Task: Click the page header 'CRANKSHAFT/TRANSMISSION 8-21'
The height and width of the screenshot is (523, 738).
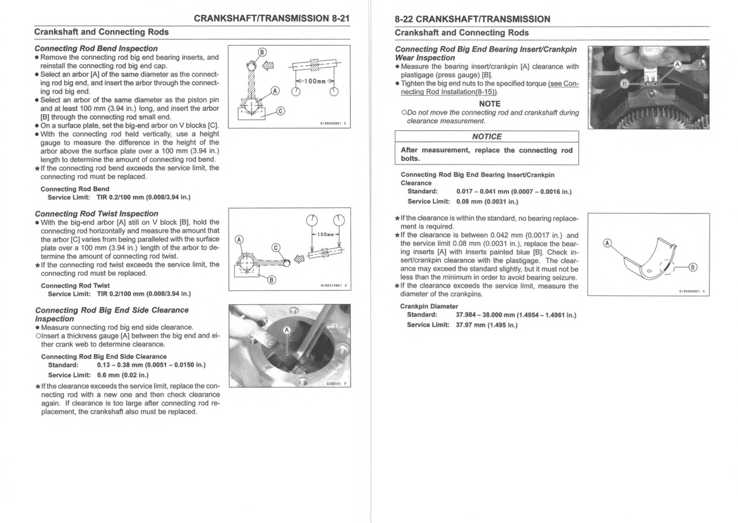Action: point(272,18)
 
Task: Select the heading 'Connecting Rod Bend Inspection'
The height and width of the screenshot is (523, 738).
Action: point(96,48)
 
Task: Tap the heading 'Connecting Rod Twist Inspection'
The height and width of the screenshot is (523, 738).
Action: point(96,213)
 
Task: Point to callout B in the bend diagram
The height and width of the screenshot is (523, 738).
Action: point(261,52)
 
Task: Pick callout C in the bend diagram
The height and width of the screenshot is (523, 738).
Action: point(280,111)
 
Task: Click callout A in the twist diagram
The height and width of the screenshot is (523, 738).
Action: point(239,240)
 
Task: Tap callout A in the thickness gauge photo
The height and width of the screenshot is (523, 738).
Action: point(287,330)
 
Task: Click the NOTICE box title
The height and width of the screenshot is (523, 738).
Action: point(487,137)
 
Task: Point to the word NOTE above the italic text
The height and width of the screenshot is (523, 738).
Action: point(490,104)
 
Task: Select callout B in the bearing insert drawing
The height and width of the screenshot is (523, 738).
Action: point(693,266)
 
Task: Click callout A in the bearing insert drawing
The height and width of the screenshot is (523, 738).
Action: point(606,243)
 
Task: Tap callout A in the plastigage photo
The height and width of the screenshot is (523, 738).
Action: point(678,65)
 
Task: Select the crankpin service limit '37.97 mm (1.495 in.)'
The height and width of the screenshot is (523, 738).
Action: point(486,325)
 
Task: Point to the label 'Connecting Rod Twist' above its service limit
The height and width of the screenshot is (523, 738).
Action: point(75,285)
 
